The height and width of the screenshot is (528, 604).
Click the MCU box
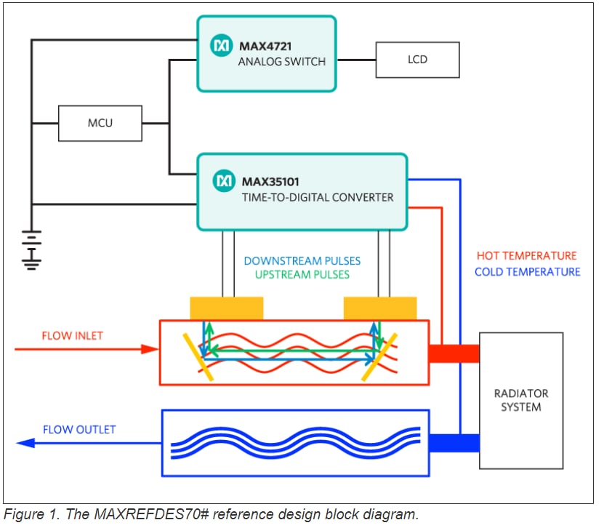[x=100, y=123]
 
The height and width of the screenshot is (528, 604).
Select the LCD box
[x=417, y=60]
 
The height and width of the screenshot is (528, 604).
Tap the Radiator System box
[x=520, y=401]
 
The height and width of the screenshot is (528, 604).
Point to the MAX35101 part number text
[x=270, y=180]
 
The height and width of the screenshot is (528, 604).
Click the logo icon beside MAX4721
[x=221, y=47]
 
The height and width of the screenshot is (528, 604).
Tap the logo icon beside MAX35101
[x=225, y=180]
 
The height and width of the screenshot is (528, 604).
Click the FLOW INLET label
[x=72, y=336]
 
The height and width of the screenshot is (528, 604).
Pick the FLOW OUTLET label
[x=78, y=429]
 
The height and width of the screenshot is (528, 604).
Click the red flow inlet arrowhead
[x=150, y=349]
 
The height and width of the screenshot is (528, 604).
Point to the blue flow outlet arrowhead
[x=26, y=443]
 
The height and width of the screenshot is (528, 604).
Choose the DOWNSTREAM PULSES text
[x=302, y=260]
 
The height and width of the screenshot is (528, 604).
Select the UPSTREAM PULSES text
[x=302, y=274]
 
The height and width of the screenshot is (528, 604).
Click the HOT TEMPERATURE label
[x=526, y=256]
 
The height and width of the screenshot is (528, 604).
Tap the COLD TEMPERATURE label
[x=527, y=272]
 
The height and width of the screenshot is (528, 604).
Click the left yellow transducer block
[x=227, y=308]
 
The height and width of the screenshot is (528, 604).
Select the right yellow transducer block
[x=380, y=308]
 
